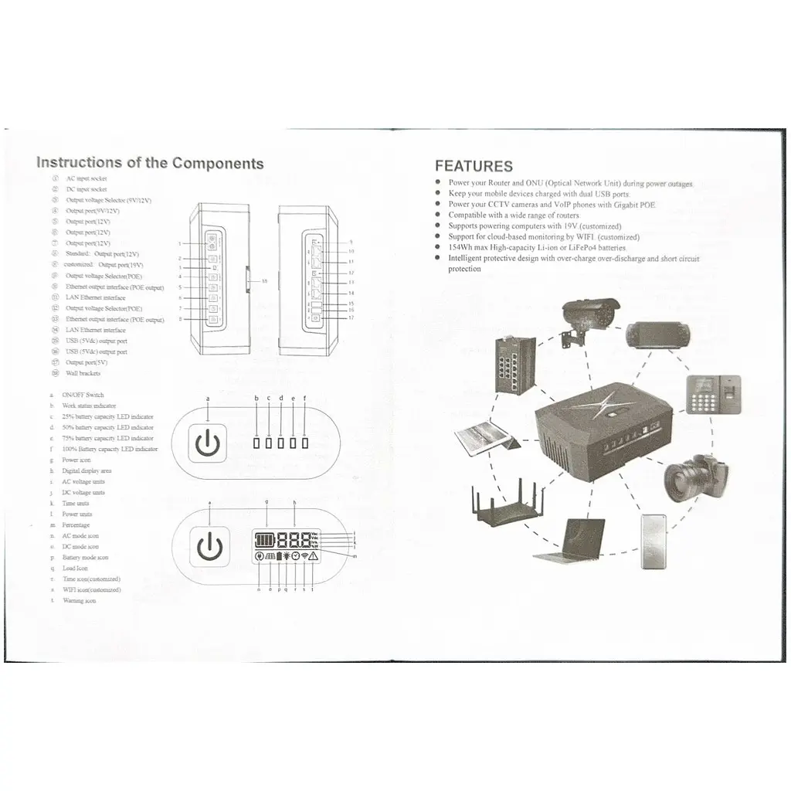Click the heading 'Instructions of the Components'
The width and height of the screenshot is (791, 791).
click(150, 163)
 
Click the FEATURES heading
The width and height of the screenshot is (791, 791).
click(473, 166)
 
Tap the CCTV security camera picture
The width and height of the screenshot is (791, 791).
click(591, 317)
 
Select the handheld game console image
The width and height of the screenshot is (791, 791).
click(658, 334)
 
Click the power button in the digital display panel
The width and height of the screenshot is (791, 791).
click(209, 545)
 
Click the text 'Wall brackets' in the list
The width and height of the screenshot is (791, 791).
click(83, 373)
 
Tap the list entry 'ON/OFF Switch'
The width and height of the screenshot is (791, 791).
click(83, 395)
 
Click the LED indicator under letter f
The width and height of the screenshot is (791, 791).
click(305, 443)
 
